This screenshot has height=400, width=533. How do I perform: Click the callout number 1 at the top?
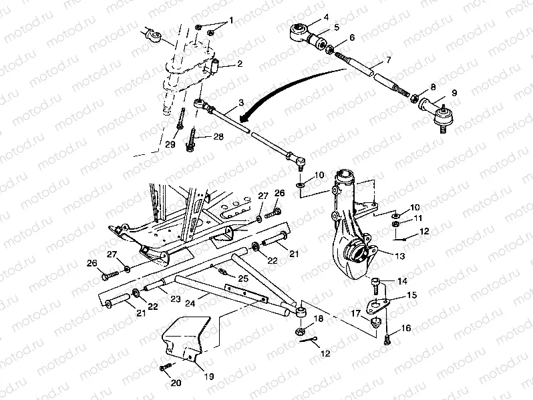[231, 20]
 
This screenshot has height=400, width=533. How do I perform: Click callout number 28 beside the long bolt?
[218, 137]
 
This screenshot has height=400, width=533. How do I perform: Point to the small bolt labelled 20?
[164, 367]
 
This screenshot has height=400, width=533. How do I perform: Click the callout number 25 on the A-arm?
[243, 277]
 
